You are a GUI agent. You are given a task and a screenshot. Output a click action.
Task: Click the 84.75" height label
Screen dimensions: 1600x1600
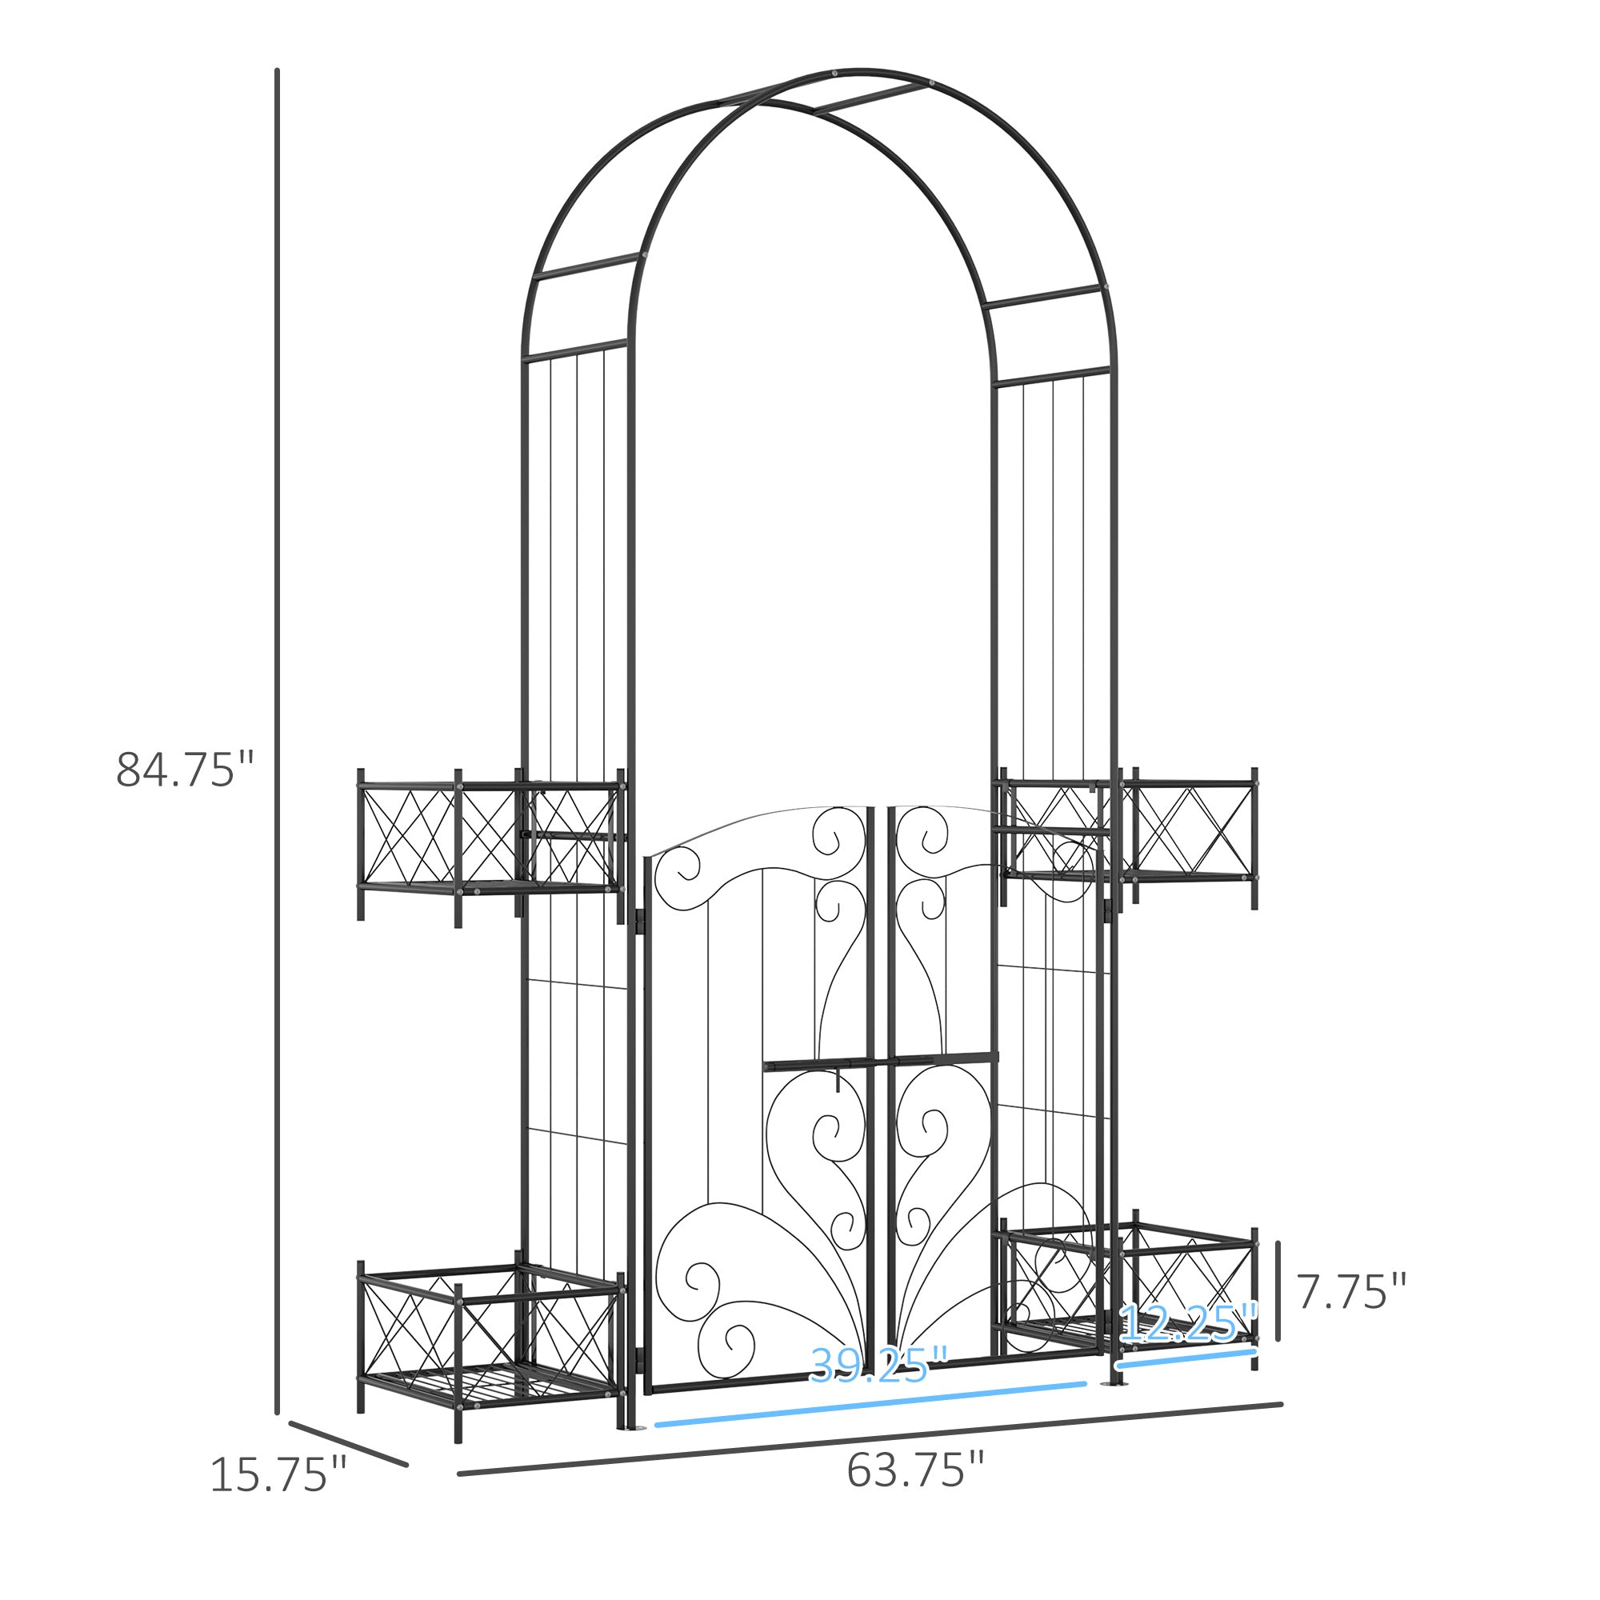pyautogui.click(x=184, y=770)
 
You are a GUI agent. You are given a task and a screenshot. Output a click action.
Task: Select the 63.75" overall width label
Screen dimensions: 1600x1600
pyautogui.click(x=914, y=1469)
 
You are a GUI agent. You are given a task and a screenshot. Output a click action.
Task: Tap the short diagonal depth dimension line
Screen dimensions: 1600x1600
pyautogui.click(x=348, y=1443)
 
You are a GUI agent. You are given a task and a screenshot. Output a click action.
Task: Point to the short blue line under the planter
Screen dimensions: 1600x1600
pyautogui.click(x=1186, y=1358)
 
